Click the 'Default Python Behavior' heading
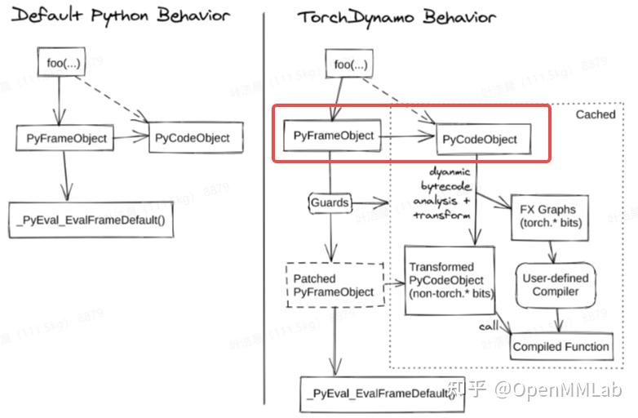119,16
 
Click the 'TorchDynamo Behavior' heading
397,16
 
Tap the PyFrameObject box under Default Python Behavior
63,138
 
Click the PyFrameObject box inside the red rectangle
333,136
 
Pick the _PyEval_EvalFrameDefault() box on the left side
91,220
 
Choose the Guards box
330,201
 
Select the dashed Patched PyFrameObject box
334,285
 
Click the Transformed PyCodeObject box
450,280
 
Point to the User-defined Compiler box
555,285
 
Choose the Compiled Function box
560,346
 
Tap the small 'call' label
490,327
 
